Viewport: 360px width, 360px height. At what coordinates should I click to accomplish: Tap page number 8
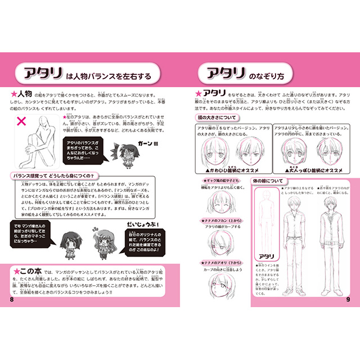coord(12,299)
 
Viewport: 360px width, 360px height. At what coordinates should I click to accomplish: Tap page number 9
coord(347,299)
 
